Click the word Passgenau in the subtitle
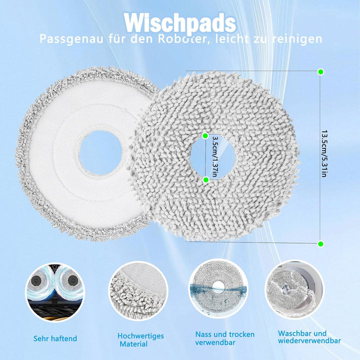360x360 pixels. pos(71,39)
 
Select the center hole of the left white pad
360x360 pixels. pos(100,153)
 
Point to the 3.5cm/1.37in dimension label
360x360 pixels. pos(215,157)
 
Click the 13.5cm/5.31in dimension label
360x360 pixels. pos(324,154)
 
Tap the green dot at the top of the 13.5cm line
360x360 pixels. pos(320,72)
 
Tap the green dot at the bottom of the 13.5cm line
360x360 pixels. pos(320,244)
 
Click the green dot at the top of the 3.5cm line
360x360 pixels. pos(205,135)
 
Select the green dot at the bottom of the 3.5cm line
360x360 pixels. pos(205,179)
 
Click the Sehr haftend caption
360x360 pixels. pos(55,338)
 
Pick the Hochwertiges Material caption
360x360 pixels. pos(140,340)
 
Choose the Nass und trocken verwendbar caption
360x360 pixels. pos(225,338)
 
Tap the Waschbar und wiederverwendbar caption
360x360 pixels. pos(309,337)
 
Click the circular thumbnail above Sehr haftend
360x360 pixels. pos(55,292)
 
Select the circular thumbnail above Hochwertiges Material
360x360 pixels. pos(138,291)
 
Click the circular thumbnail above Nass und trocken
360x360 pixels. pos(218,288)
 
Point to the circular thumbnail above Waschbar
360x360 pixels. pos(294,289)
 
